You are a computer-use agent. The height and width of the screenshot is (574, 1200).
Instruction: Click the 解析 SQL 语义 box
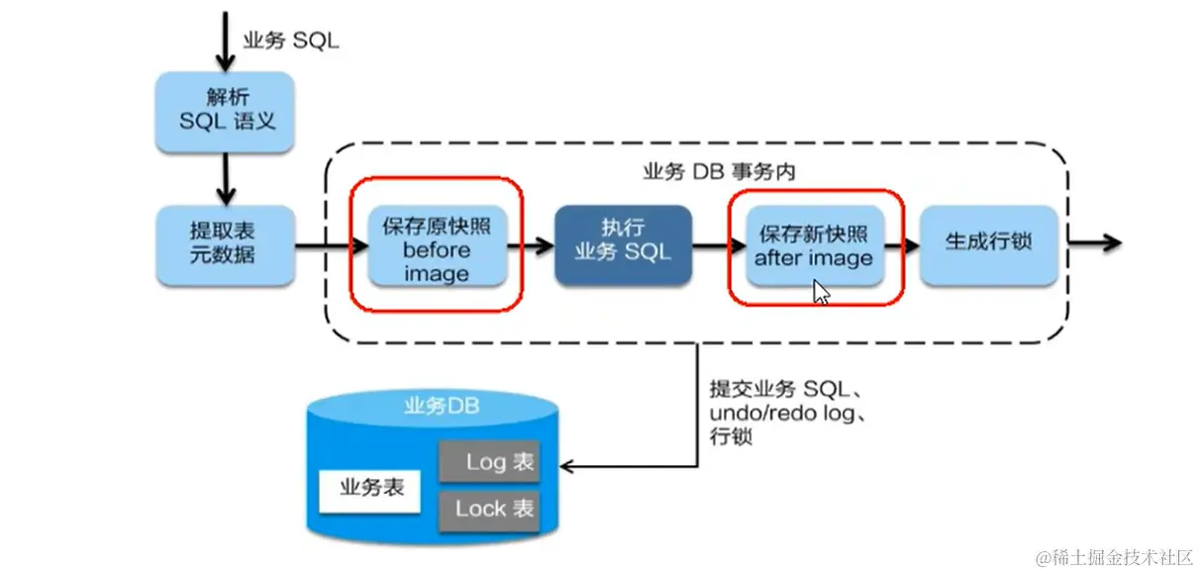pyautogui.click(x=225, y=111)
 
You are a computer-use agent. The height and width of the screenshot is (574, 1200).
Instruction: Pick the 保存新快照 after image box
pyautogui.click(x=814, y=246)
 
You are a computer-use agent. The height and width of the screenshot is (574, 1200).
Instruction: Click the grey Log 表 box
pyautogui.click(x=489, y=462)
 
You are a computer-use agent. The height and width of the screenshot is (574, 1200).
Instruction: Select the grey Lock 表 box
pyautogui.click(x=489, y=510)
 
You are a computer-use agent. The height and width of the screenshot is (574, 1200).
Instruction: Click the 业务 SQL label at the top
pyautogui.click(x=291, y=42)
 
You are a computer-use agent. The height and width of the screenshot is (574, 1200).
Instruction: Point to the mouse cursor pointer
pyautogui.click(x=820, y=292)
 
